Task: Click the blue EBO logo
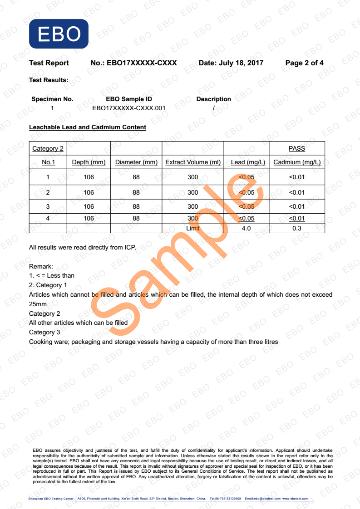[59, 34]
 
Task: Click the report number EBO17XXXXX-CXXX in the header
[141, 63]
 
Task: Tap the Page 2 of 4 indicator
[304, 63]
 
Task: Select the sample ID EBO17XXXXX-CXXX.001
[128, 108]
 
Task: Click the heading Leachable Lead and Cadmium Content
[88, 127]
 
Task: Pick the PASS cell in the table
[296, 148]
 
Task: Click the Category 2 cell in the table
[48, 148]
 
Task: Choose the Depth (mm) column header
[89, 162]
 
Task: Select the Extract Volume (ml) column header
[193, 162]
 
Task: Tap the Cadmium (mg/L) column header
[297, 162]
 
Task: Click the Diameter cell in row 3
[136, 206]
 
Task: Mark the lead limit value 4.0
[246, 228]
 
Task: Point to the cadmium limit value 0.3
[297, 228]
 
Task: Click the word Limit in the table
[193, 228]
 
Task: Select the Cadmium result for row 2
[297, 192]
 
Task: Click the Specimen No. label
[52, 99]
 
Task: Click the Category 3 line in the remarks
[44, 332]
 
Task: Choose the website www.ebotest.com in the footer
[295, 499]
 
